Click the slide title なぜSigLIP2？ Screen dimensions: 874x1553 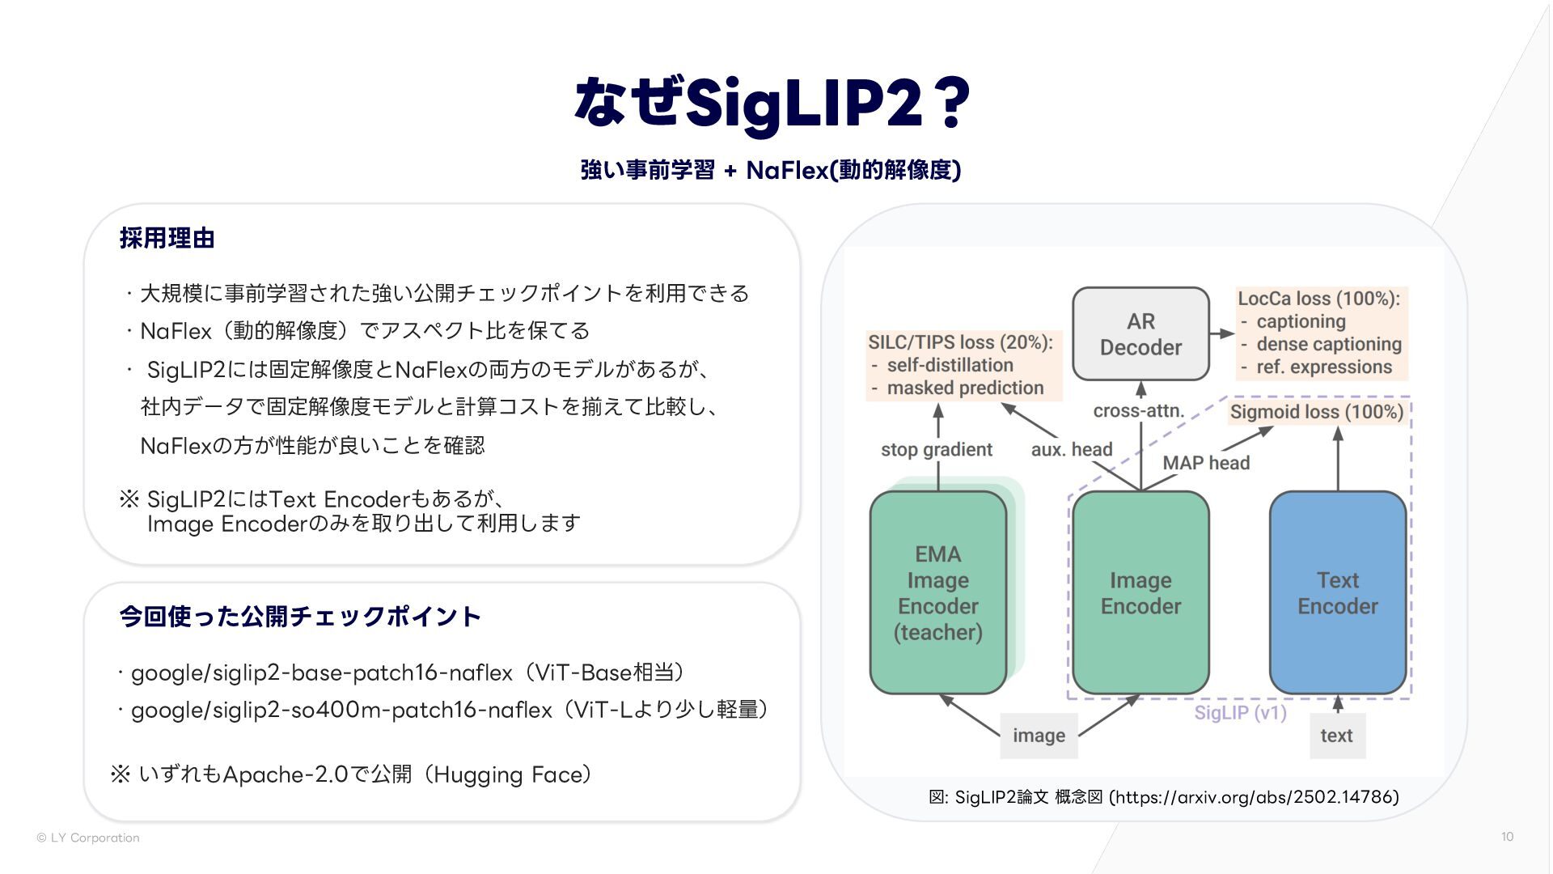(772, 103)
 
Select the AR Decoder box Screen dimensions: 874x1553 (1140, 334)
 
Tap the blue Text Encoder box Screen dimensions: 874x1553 (1337, 592)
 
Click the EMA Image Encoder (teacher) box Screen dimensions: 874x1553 (937, 592)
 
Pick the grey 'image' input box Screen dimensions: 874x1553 (1039, 736)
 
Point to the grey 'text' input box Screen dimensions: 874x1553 (1336, 736)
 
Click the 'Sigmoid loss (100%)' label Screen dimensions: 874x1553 (1316, 412)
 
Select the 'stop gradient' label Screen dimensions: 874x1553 (936, 450)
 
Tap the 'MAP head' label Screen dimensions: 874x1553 (1206, 463)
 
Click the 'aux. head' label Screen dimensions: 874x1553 (1072, 450)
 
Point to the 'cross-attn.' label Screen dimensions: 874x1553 (1138, 411)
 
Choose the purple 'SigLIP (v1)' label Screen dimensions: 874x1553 (1240, 713)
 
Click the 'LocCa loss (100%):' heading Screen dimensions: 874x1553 (1318, 299)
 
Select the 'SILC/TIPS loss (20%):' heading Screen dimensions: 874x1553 (960, 342)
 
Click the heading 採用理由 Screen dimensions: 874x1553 (167, 238)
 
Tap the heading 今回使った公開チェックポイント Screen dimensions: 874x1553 (300, 617)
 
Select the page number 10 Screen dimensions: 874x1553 (1507, 837)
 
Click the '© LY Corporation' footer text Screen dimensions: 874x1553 (88, 838)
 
